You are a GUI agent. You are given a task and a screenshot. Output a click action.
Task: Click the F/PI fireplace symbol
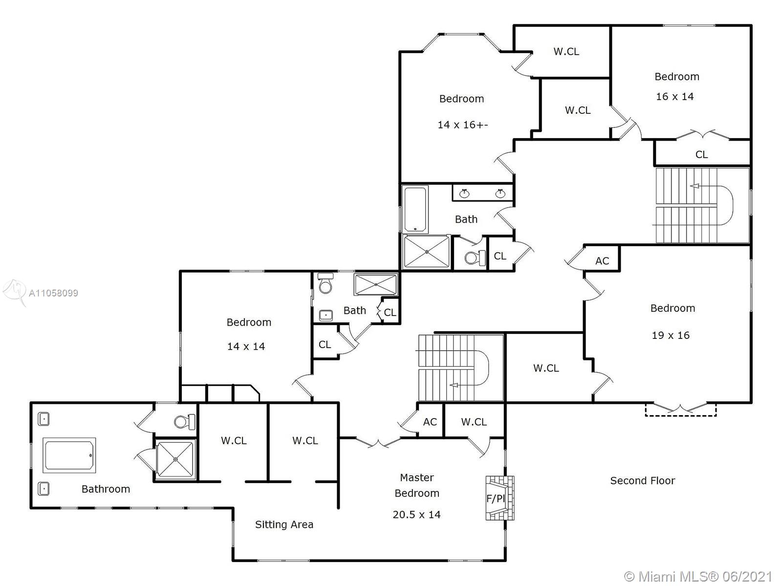tap(499, 498)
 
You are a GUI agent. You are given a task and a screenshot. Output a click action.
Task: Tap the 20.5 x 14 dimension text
tap(416, 515)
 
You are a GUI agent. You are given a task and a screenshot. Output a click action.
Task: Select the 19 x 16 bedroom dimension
tap(671, 335)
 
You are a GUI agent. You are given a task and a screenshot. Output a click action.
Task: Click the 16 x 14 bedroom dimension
tap(674, 97)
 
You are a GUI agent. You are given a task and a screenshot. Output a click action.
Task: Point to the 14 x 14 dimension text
tap(246, 347)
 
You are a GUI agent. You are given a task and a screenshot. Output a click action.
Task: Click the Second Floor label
tap(642, 481)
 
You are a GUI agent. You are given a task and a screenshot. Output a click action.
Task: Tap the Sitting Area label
tap(284, 525)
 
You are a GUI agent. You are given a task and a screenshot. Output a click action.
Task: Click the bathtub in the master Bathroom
tap(69, 455)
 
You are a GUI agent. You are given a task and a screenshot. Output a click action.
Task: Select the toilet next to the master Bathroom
tap(185, 421)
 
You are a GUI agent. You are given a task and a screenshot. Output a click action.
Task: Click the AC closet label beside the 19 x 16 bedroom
tap(602, 261)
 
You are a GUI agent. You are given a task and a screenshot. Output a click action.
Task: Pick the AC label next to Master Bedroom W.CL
tap(430, 422)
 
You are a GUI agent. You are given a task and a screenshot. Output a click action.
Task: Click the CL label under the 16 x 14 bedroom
tap(701, 155)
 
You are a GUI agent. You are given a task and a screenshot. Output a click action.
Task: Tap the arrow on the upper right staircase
tap(695, 186)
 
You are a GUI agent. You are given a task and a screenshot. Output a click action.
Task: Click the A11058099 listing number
tap(53, 293)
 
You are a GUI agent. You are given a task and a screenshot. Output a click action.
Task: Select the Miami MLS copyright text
tap(698, 577)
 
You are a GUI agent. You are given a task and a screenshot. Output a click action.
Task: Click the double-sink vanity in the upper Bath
tap(482, 193)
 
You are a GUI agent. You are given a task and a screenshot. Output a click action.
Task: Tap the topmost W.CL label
tap(566, 52)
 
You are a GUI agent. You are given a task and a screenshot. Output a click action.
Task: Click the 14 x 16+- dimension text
tap(462, 125)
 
